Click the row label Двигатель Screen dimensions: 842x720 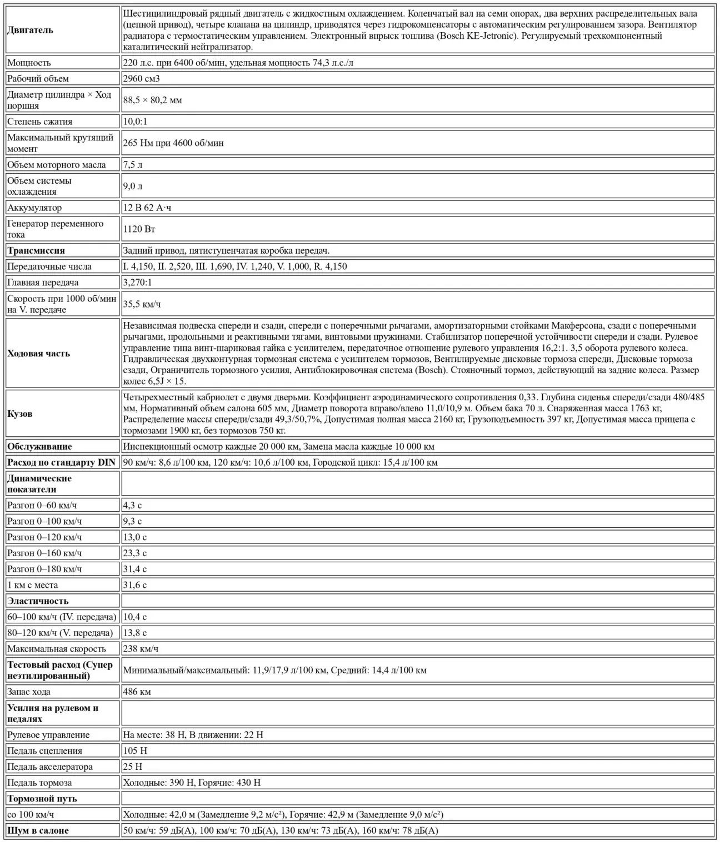pyautogui.click(x=31, y=30)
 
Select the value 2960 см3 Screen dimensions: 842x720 pyautogui.click(x=141, y=79)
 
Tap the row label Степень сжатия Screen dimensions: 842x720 pyautogui.click(x=39, y=122)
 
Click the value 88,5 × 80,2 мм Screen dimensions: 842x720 pyautogui.click(x=152, y=100)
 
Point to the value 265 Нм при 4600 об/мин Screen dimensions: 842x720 pyautogui.click(x=173, y=143)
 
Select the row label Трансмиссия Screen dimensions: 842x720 pyautogui.click(x=36, y=250)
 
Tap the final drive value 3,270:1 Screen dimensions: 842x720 pyautogui.click(x=137, y=283)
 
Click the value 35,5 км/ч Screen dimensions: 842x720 pyautogui.click(x=142, y=304)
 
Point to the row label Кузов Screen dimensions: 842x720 pyautogui.click(x=20, y=414)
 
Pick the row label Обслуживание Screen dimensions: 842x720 pyautogui.click(x=39, y=446)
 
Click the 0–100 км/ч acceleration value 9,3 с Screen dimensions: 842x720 pyautogui.click(x=132, y=521)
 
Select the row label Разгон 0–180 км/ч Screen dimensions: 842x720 pyautogui.click(x=44, y=569)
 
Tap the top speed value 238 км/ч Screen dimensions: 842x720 pyautogui.click(x=141, y=649)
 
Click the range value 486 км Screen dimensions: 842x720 pyautogui.click(x=137, y=692)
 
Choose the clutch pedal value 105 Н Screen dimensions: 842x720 pyautogui.click(x=135, y=751)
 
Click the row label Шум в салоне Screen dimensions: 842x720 pyautogui.click(x=38, y=830)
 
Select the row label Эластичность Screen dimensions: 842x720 pyautogui.click(x=38, y=601)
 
